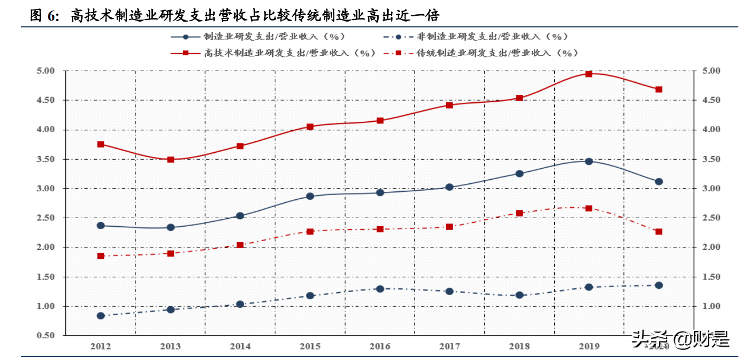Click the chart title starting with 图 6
235,16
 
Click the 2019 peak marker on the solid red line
589,74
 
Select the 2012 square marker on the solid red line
101,144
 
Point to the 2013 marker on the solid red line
170,159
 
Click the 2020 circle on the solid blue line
659,181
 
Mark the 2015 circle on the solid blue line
310,196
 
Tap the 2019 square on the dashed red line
589,208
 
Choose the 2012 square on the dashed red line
101,256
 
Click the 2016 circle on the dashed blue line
380,289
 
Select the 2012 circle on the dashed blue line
101,316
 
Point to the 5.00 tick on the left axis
46,71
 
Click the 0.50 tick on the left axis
46,336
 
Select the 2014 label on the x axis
240,346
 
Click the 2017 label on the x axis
449,346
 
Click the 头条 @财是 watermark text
680,338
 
